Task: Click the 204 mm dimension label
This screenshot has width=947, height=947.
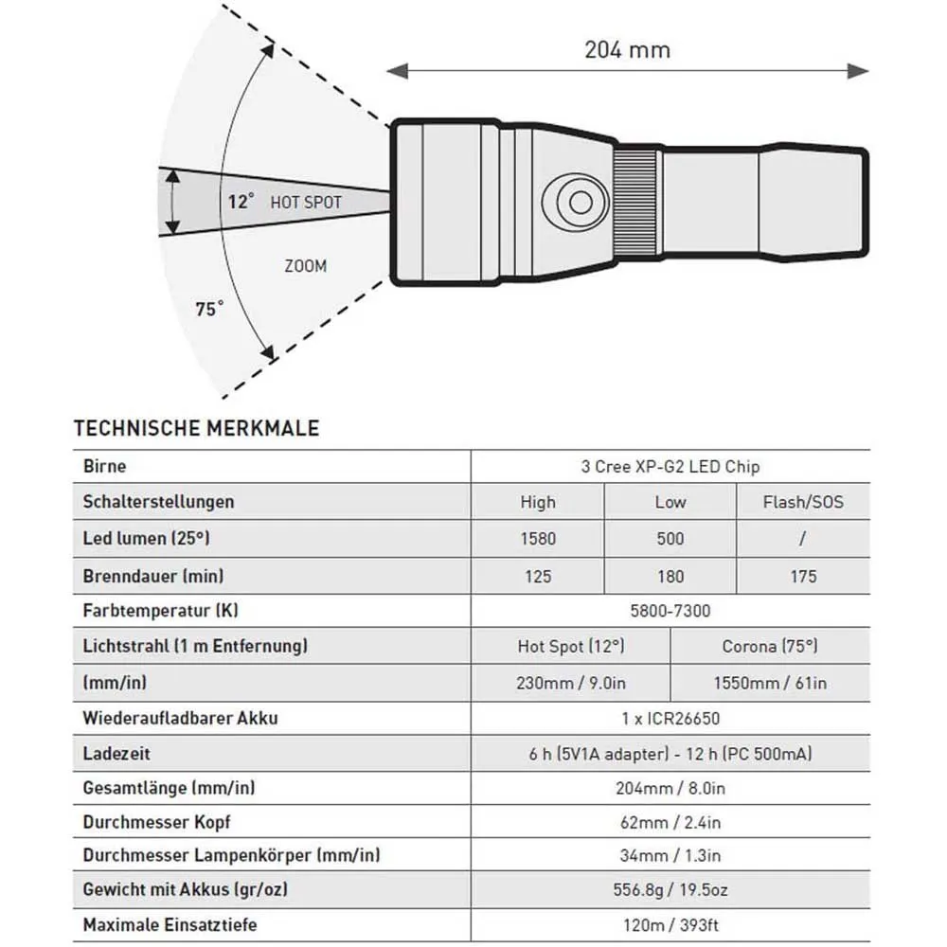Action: (x=627, y=48)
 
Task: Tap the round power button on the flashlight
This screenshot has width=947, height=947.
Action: (x=575, y=201)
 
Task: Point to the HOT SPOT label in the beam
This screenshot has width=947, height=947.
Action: (x=306, y=202)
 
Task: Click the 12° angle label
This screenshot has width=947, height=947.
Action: (x=241, y=202)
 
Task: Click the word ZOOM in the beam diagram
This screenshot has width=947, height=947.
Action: (x=305, y=266)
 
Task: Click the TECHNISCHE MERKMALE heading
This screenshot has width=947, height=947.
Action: (x=196, y=428)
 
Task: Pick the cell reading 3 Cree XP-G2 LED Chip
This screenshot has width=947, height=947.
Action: (x=670, y=466)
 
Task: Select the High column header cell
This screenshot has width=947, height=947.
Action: (x=538, y=502)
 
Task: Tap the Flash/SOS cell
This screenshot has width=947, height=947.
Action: (x=802, y=502)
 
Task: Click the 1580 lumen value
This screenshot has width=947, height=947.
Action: (x=538, y=539)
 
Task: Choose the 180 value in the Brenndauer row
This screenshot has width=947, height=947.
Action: (x=670, y=576)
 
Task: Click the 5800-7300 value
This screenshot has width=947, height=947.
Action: (x=670, y=611)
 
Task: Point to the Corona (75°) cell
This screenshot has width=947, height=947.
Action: (x=769, y=647)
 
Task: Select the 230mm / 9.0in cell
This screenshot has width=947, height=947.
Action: (x=570, y=683)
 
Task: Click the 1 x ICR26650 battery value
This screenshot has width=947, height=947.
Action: (x=670, y=718)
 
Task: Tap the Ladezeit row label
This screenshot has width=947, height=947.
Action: (x=116, y=755)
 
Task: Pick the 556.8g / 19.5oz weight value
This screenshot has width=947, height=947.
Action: (x=670, y=889)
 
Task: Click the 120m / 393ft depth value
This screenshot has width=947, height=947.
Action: (x=670, y=924)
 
